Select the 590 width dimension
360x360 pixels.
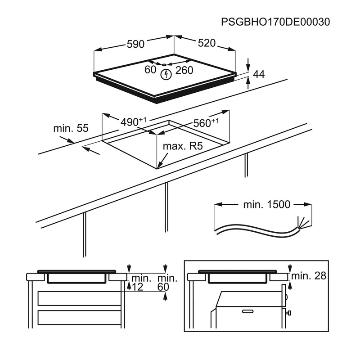135,44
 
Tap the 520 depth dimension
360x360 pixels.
207,43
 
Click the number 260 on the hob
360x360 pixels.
184,70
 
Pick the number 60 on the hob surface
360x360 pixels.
150,70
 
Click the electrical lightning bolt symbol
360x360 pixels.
166,74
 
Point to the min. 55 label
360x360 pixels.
71,128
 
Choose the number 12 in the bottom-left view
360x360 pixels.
137,287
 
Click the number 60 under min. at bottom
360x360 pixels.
163,287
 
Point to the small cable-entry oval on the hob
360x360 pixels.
164,64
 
